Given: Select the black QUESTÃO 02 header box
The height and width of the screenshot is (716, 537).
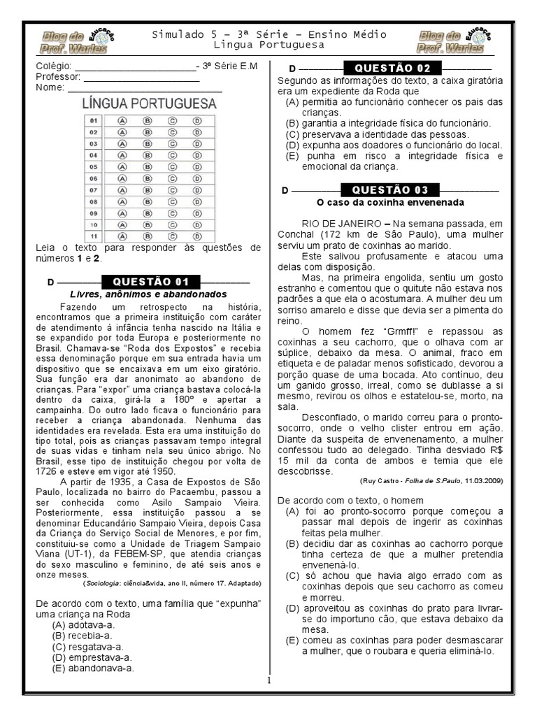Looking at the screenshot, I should [x=392, y=69].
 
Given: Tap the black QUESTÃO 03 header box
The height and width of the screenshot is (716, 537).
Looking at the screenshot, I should [x=389, y=190].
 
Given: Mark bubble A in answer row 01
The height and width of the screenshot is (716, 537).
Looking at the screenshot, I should [x=122, y=120].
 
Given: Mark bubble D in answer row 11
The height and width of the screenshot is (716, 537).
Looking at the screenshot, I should [x=197, y=236].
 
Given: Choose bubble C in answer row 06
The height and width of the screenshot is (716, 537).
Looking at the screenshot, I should [x=172, y=178].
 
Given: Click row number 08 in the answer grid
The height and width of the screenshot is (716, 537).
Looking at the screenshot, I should [x=94, y=201].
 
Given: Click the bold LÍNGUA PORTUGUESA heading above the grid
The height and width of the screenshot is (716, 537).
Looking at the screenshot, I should [x=150, y=103].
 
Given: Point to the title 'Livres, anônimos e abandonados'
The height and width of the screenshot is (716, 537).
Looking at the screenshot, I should [x=148, y=294].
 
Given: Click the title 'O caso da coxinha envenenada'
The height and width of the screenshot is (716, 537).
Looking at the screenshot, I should [x=390, y=203].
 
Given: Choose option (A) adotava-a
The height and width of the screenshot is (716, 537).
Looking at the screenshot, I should [x=83, y=624].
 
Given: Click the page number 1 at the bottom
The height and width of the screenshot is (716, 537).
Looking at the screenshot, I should [x=268, y=680].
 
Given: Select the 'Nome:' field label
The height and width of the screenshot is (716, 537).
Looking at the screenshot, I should [x=50, y=87].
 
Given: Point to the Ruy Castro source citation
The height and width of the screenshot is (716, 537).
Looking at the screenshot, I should [x=431, y=481].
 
